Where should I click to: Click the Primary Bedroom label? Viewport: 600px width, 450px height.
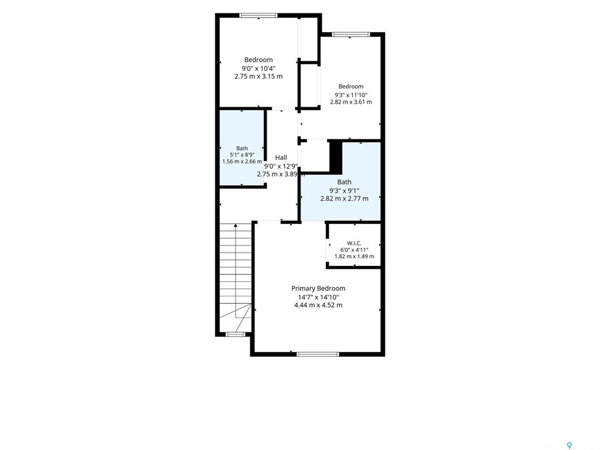pos(318,288)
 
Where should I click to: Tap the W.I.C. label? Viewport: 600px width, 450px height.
pos(354,243)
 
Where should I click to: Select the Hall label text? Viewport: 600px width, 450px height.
pos(281,157)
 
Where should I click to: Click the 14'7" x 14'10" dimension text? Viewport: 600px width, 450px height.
pos(318,297)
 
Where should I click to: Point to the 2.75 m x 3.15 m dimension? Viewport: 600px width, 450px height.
pos(258,76)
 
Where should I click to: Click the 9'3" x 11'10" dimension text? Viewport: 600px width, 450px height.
pos(351,95)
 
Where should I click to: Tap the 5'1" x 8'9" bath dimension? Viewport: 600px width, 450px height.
pos(242,155)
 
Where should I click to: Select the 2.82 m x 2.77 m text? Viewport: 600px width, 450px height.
pos(344,198)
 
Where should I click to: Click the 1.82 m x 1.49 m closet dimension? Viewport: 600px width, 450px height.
pos(354,257)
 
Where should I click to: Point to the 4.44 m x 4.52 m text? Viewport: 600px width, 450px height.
pos(318,305)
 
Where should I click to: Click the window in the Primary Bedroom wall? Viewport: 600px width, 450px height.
pos(318,354)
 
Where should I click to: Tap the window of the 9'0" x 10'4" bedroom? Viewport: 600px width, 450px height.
pos(258,15)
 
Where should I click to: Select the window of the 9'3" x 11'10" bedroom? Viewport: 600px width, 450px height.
pos(351,35)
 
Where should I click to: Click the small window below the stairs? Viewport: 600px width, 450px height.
pos(236,335)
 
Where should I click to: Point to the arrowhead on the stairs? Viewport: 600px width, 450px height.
pos(236,226)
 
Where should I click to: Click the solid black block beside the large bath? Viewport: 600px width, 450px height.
pos(336,157)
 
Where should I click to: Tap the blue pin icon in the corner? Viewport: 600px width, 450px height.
pos(570,445)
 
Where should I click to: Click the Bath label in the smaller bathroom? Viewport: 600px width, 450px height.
pos(242,148)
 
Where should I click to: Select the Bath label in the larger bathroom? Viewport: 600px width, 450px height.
pos(344,182)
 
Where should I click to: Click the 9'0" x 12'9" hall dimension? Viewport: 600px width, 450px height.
pos(281,166)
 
